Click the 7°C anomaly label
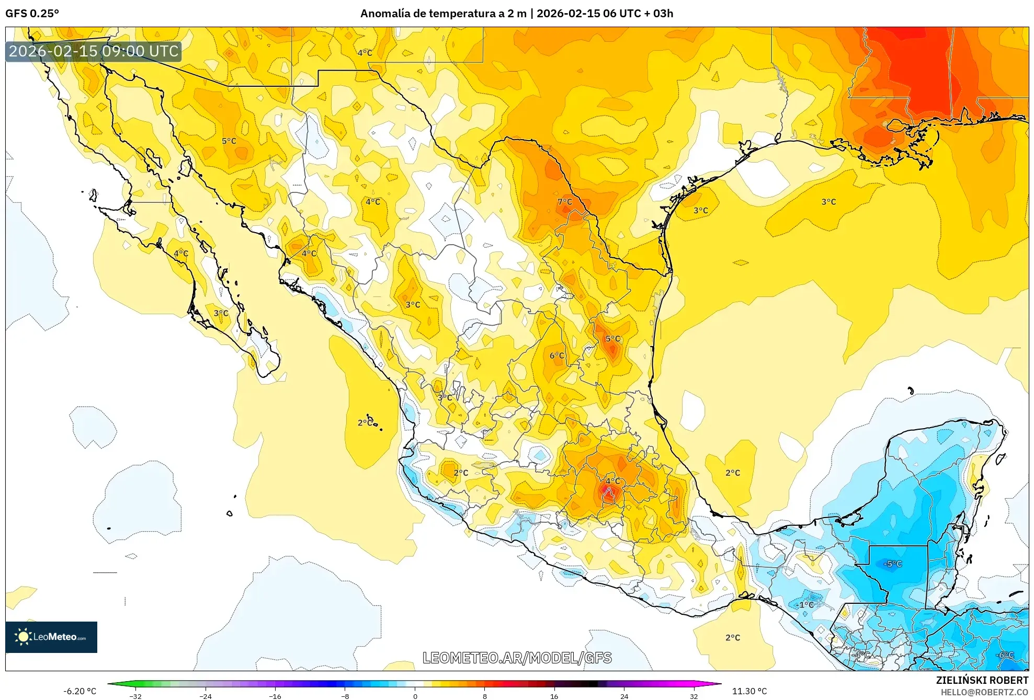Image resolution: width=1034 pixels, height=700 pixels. click(x=564, y=202)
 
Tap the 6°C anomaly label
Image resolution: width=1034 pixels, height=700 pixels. click(x=556, y=355)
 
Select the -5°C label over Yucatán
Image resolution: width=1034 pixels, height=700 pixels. click(x=892, y=564)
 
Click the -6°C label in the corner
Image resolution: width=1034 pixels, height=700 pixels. click(x=1004, y=655)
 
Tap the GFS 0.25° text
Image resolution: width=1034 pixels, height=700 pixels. click(x=32, y=14)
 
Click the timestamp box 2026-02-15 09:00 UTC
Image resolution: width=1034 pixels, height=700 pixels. click(x=94, y=51)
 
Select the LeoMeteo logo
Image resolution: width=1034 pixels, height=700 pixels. click(x=51, y=637)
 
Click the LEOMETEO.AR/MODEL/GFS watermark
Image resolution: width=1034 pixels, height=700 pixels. click(x=517, y=658)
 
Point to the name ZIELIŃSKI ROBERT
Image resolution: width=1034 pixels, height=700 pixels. click(x=982, y=680)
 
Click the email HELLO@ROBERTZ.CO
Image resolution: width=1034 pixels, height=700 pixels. click(x=984, y=692)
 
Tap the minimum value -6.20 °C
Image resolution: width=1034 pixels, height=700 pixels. click(x=79, y=691)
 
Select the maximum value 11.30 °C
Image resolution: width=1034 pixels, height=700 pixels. click(x=749, y=691)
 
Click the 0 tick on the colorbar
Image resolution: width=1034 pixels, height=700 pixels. click(x=415, y=696)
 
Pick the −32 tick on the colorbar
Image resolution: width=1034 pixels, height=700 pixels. click(x=135, y=696)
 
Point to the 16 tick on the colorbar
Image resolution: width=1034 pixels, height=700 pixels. click(x=554, y=696)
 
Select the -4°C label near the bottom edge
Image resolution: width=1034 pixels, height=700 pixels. click(x=861, y=655)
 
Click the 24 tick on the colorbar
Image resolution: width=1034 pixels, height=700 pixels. click(x=624, y=696)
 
